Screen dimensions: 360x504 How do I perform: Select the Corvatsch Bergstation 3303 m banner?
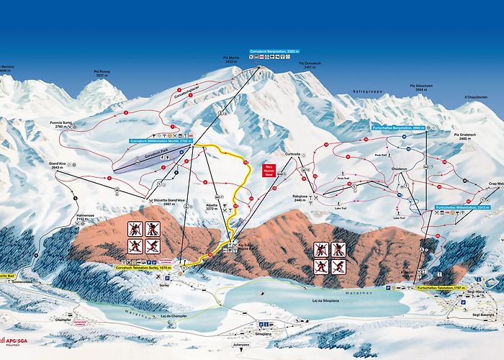[274, 52]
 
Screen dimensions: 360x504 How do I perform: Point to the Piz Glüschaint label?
[423, 88]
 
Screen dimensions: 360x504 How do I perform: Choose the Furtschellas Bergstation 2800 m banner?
[400, 127]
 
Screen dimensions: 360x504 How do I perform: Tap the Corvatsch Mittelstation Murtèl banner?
[159, 141]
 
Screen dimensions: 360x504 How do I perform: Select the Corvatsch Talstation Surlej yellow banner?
[143, 267]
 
